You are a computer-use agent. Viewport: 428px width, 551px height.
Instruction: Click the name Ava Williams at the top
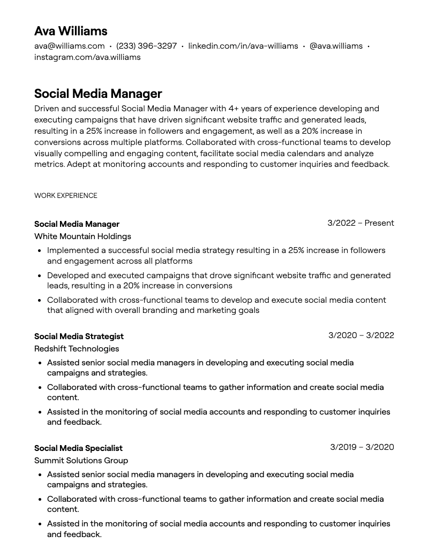point(71,31)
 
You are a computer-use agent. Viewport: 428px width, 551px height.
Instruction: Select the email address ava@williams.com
point(70,46)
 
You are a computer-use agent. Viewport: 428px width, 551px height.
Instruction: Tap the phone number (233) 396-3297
point(146,46)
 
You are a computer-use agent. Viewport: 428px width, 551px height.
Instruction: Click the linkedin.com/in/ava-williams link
point(243,46)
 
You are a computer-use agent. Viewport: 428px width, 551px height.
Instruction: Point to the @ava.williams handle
point(336,46)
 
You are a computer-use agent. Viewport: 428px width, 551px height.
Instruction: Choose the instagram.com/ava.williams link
point(87,57)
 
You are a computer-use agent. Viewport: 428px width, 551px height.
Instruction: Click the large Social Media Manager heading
point(98,94)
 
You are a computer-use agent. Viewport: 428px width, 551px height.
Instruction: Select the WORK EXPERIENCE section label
point(66,196)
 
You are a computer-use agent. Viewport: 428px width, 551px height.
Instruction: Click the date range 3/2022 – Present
point(361,223)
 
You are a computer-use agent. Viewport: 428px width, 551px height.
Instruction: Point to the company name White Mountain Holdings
point(82,236)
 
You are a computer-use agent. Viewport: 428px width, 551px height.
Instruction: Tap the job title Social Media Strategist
point(79,336)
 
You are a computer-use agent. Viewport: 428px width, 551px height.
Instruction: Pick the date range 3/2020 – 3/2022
point(361,335)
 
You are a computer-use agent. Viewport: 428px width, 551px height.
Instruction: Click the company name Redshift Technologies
point(77,349)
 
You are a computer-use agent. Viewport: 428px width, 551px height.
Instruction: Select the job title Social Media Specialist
point(78,448)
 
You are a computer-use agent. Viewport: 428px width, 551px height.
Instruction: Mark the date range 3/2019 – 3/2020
point(362,447)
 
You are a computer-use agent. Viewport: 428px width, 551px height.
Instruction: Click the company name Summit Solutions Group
point(81,461)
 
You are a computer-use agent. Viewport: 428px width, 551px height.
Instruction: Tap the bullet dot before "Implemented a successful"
point(40,251)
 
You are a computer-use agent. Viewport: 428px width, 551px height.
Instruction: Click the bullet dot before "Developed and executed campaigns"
point(40,276)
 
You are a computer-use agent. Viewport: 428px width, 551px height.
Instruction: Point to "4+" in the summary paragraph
point(234,109)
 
